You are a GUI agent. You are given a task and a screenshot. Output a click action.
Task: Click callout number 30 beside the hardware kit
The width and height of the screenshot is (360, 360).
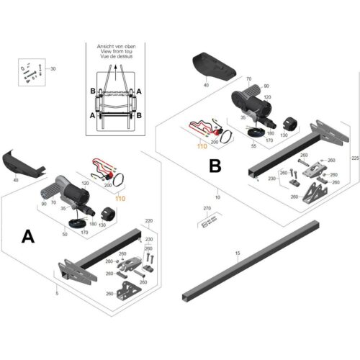pyautogui.click(x=51, y=68)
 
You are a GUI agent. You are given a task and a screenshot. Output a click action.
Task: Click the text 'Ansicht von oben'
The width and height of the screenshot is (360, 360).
pyautogui.click(x=117, y=46)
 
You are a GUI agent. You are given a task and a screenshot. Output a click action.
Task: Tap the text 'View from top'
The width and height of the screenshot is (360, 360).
pyautogui.click(x=117, y=52)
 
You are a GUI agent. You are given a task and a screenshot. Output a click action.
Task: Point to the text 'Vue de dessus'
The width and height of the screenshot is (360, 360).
pyautogui.click(x=117, y=58)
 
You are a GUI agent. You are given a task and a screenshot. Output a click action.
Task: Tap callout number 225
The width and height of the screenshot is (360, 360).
pyautogui.click(x=353, y=157)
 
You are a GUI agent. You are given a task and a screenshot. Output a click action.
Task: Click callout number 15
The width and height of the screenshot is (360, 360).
pyautogui.click(x=238, y=253)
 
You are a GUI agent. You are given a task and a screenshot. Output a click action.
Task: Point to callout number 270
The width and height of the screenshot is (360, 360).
pyautogui.click(x=208, y=208)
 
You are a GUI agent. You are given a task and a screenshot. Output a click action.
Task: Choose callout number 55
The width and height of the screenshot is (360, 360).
pyautogui.click(x=253, y=146)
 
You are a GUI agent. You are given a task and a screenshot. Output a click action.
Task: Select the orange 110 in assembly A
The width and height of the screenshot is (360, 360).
pyautogui.click(x=120, y=197)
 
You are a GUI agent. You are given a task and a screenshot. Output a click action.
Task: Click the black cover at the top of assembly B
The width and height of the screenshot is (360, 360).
pyautogui.click(x=213, y=68)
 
